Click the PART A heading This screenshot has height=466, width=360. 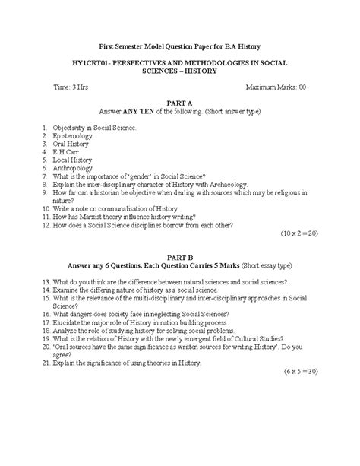(x=179, y=102)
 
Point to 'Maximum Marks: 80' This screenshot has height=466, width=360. (x=273, y=87)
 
